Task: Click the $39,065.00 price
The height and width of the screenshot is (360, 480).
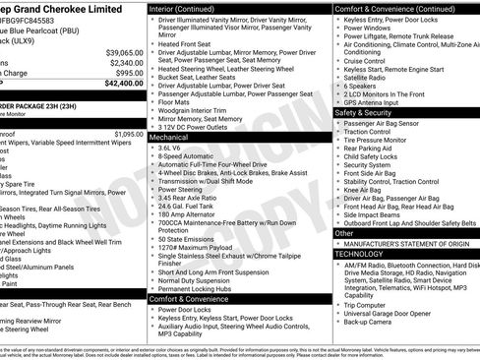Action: point(124,51)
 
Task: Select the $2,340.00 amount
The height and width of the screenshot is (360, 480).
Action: point(126,62)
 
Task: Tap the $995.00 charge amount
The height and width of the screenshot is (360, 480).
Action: point(129,73)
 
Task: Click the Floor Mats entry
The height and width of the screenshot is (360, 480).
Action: point(175,100)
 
